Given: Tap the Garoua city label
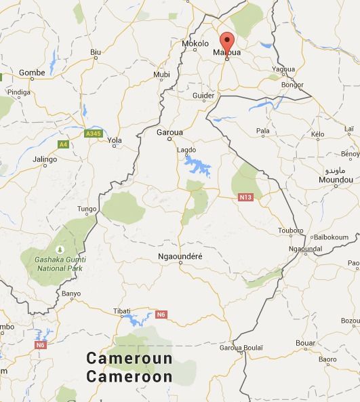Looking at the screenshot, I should point(169,133).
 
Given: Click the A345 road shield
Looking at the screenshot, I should point(93,134).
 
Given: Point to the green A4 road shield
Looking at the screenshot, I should point(63,144).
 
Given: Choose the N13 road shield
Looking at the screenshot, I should point(245,197).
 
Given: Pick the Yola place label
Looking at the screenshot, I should point(115,141).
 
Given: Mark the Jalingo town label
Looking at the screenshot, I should point(45,160).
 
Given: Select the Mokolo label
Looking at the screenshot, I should point(195,44).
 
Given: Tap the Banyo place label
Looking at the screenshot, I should point(71,294).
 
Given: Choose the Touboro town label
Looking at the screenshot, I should point(291,230).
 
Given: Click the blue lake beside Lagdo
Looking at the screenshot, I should point(197,165).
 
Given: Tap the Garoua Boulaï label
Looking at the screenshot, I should point(241,348).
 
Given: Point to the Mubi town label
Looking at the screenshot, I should point(162,75).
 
